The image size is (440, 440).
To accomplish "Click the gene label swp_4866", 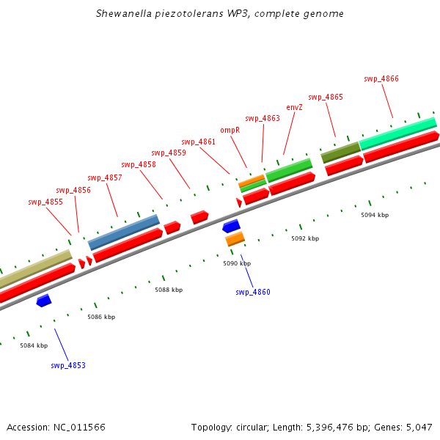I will click(x=381, y=78).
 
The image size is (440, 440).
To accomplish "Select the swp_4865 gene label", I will click(x=326, y=97).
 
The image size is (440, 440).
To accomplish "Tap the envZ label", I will click(x=294, y=107).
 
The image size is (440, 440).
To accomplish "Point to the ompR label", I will click(x=230, y=130).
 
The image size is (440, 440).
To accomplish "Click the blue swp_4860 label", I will click(x=253, y=292).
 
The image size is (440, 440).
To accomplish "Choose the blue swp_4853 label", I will click(x=68, y=365).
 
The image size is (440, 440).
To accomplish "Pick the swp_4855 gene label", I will click(x=45, y=202).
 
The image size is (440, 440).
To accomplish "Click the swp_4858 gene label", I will click(x=139, y=164).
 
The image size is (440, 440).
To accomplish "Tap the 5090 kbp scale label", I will click(x=237, y=263).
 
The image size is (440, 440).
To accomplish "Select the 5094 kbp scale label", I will click(x=375, y=215).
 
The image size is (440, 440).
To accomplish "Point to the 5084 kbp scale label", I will click(x=34, y=345).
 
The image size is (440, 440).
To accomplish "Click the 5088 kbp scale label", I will click(x=169, y=290).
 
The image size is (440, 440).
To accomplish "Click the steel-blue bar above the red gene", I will click(x=124, y=232).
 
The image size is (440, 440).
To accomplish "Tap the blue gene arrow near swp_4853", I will click(x=44, y=300).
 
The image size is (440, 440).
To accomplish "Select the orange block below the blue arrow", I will click(x=235, y=238).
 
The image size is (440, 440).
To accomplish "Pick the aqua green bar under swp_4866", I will click(x=398, y=132).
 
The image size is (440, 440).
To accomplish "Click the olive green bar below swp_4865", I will click(x=340, y=152).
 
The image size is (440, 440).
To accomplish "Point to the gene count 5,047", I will click(x=419, y=427).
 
